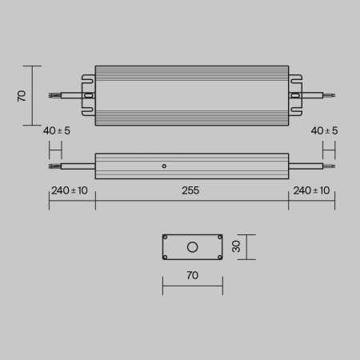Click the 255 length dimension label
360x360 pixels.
coord(191,190)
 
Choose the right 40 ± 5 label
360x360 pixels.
coord(324,130)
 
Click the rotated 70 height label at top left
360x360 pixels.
coord(22,95)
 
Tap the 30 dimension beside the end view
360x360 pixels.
coord(236,247)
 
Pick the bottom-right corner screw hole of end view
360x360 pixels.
coord(218,257)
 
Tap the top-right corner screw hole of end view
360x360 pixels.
coord(218,238)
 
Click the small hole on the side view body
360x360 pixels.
coord(164,166)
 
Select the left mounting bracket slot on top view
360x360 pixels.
coord(89,95)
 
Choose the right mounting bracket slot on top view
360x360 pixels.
coord(295,95)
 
